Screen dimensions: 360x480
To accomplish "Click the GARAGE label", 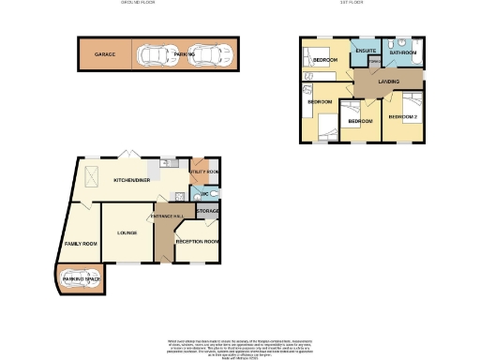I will pos(104,55).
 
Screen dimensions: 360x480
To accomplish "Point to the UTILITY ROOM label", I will pos(204,172).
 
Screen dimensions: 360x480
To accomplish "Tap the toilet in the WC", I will pos(215,194).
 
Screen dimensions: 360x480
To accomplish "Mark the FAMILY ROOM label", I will pos(81,243).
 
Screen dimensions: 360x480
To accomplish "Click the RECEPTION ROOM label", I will pos(197,242).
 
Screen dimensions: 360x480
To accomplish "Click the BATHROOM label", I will pos(403,53).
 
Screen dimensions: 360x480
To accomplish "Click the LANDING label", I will pos(388,82).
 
